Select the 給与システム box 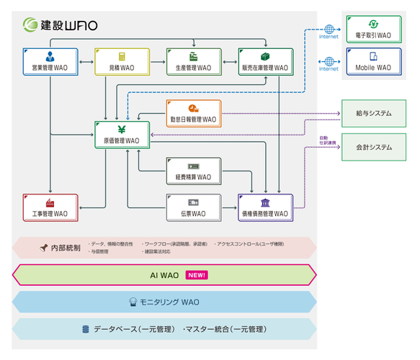pyautogui.click(x=373, y=113)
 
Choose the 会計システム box pyautogui.click(x=373, y=146)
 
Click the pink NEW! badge pyautogui.click(x=197, y=275)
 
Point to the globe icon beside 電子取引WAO pyautogui.click(x=329, y=30)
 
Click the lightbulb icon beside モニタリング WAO pyautogui.click(x=133, y=302)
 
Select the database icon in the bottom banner pyautogui.click(x=86, y=329)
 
